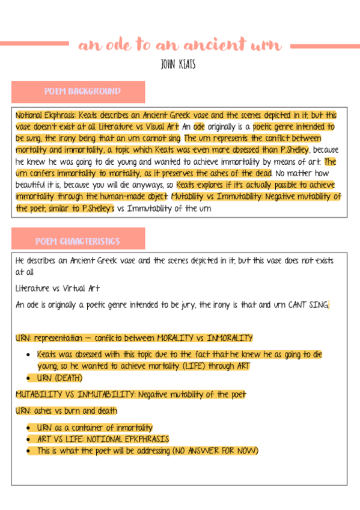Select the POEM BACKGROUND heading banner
click(x=79, y=92)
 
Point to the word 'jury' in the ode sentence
click(x=182, y=305)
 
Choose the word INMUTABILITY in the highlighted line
click(x=103, y=395)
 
